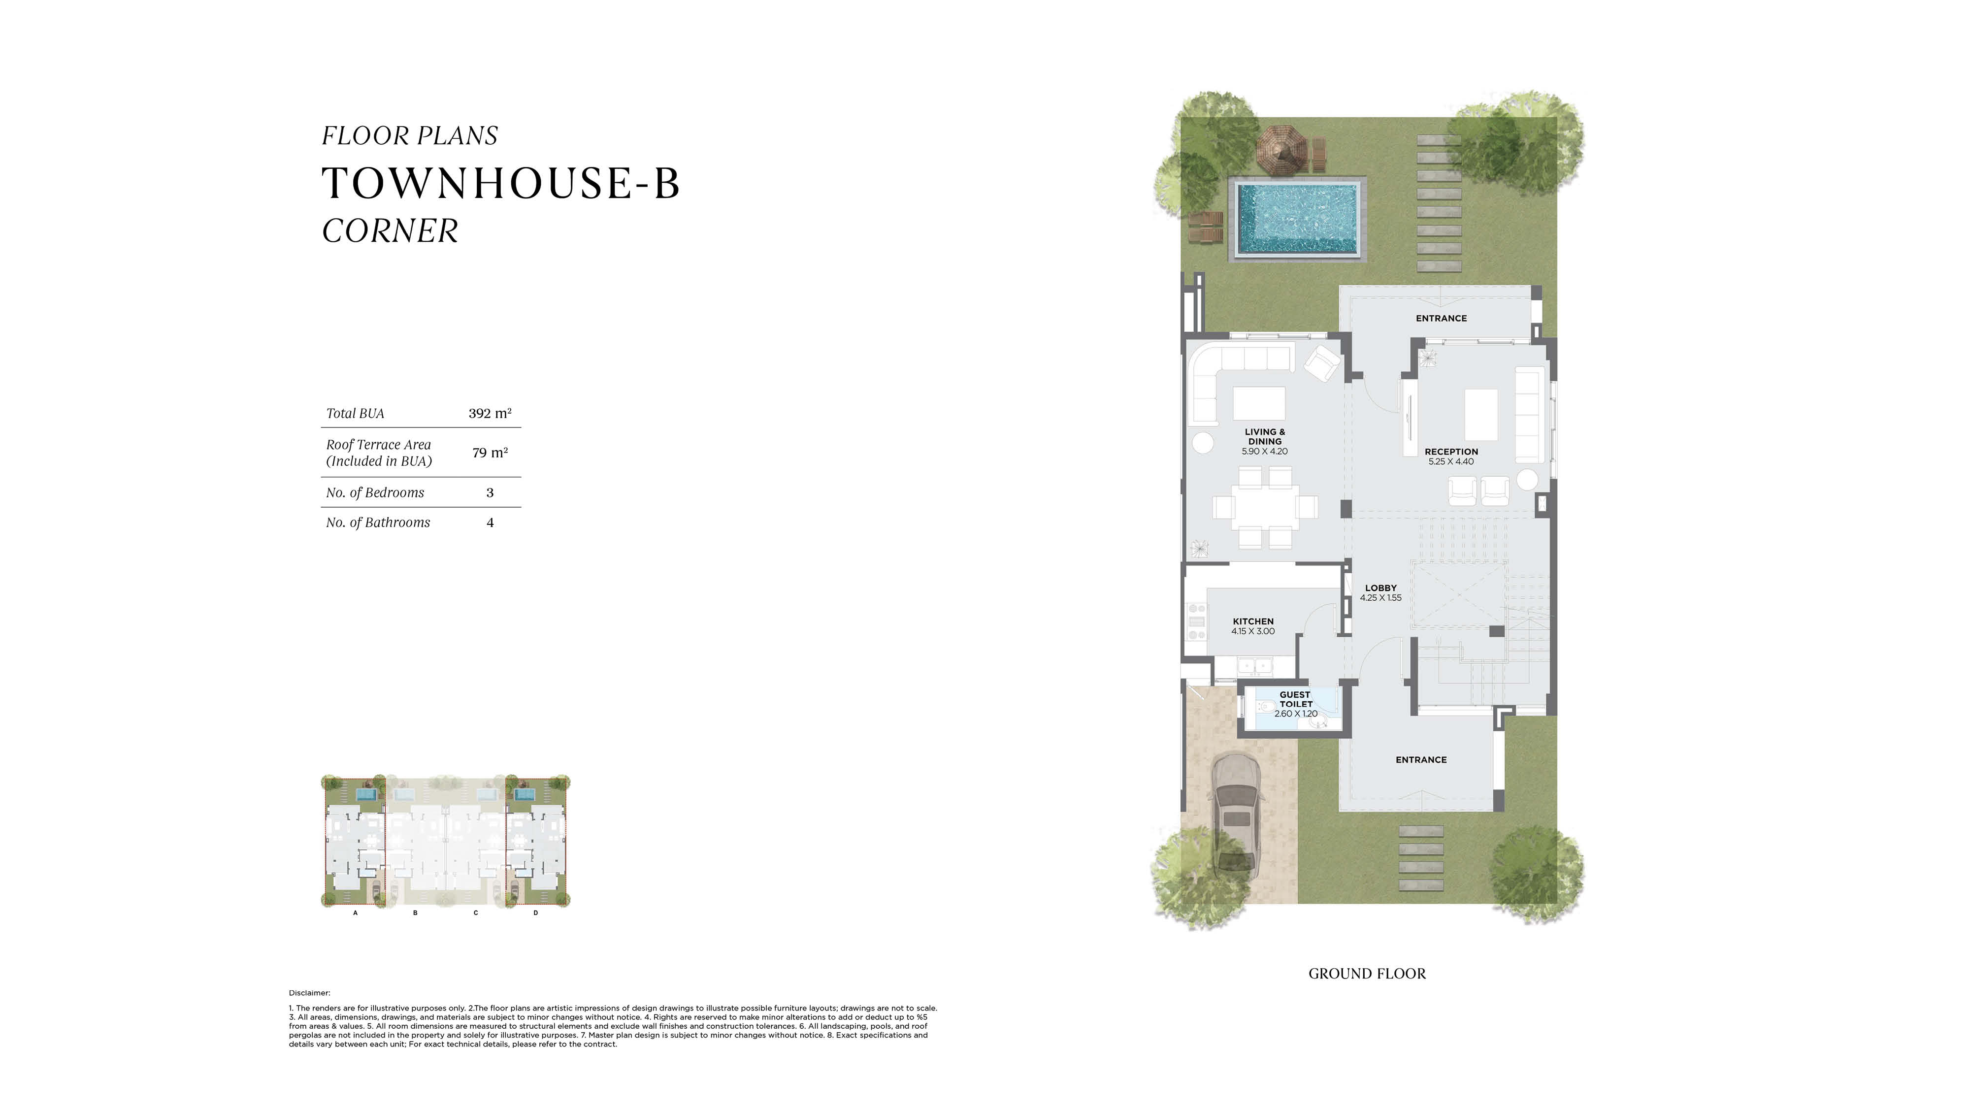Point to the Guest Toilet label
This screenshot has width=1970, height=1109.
1295,704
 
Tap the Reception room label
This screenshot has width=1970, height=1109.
1451,457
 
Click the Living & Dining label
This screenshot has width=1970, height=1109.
1265,441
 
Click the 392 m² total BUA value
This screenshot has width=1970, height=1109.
490,413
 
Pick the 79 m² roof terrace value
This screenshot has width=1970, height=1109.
490,453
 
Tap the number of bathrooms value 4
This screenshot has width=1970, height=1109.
490,522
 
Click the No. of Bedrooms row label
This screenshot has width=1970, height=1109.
375,492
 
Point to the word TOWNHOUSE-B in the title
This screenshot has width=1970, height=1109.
501,184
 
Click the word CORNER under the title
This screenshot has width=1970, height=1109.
390,231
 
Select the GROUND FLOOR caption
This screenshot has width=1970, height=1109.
1367,974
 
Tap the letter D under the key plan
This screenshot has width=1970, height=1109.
535,913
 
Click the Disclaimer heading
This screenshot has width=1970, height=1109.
310,993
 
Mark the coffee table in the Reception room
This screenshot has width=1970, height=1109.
1480,415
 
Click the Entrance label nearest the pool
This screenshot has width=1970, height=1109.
1441,318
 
